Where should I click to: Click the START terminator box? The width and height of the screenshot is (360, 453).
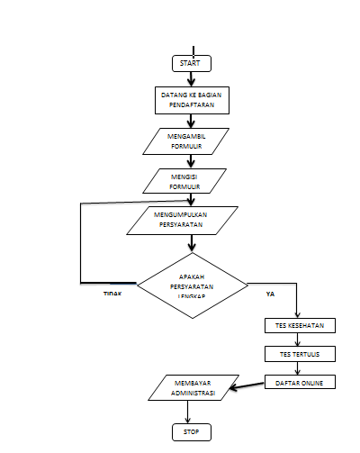click(191, 63)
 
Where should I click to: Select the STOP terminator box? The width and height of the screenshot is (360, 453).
click(191, 433)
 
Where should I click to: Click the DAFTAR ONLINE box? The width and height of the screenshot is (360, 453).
click(300, 383)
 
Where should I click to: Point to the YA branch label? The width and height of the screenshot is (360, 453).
click(270, 294)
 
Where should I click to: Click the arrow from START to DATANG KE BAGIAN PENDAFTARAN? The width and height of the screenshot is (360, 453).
click(191, 79)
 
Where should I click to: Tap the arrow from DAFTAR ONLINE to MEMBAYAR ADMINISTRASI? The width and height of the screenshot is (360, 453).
click(249, 387)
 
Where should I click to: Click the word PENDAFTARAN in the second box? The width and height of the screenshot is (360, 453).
click(191, 105)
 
